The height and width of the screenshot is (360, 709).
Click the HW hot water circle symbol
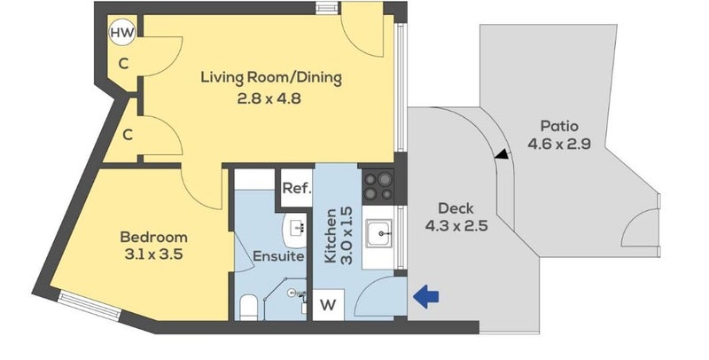122,33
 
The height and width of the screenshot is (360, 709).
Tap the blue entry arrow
426,297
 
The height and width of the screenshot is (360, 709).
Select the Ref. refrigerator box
297,188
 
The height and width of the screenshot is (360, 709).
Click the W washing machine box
328,305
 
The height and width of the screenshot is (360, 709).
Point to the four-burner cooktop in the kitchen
378,186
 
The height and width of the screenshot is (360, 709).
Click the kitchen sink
379,233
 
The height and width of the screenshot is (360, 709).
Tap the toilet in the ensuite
248,307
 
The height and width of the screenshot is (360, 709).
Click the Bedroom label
153,237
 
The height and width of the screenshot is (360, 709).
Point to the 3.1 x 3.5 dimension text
153,254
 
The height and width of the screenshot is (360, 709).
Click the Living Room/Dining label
271,78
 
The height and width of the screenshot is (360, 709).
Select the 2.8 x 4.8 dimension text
269,98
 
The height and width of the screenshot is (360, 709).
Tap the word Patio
559,126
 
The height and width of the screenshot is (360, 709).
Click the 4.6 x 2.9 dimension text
559,145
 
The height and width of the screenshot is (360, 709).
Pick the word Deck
456,208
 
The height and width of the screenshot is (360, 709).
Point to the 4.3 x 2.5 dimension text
456,226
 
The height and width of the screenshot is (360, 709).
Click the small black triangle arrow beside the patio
502,154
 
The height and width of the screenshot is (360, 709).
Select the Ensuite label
278,256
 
